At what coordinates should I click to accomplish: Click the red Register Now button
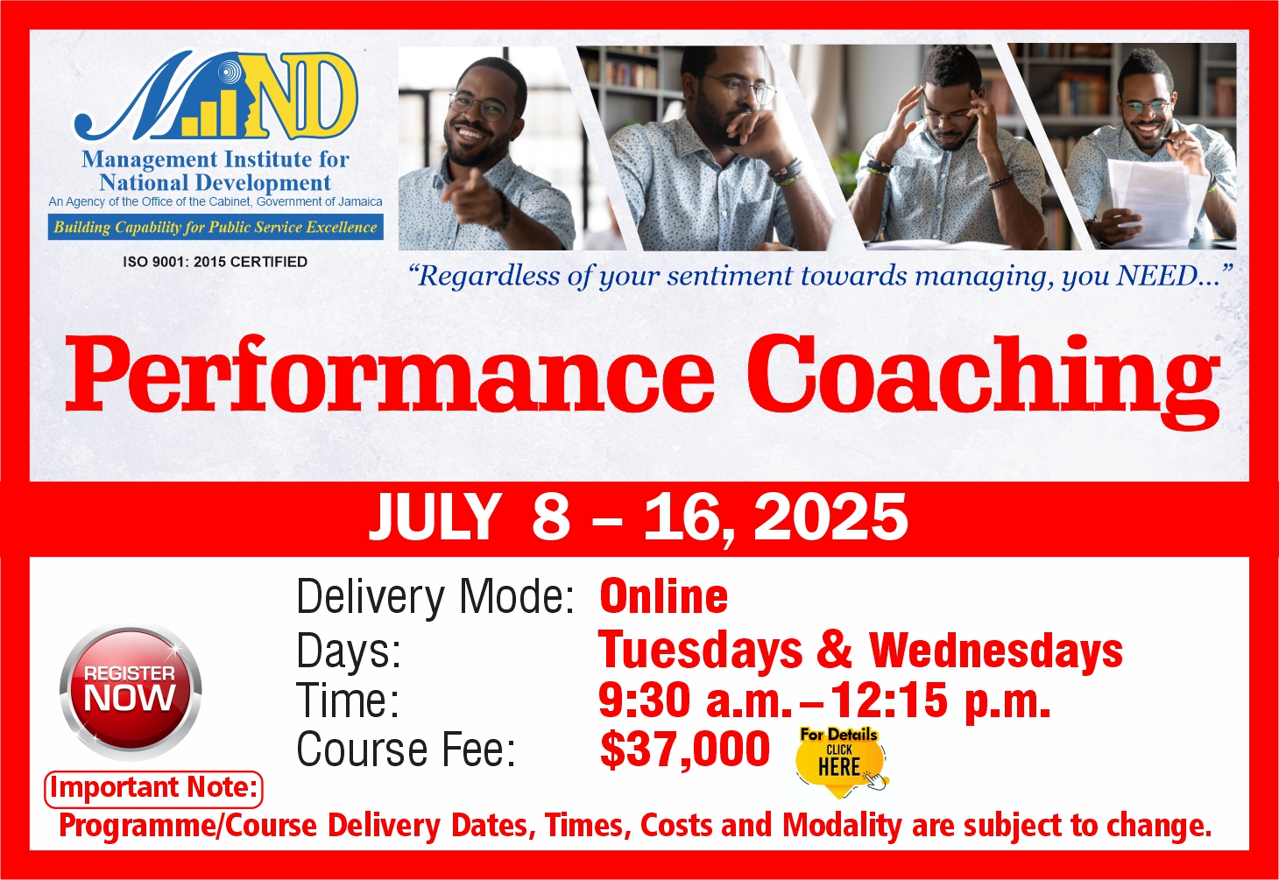(131, 692)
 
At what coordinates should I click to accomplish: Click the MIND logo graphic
(216, 95)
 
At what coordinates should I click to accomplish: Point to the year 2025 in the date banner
(830, 517)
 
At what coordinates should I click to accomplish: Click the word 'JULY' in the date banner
(435, 517)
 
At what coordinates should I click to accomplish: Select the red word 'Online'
(663, 596)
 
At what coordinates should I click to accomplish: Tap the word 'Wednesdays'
(996, 650)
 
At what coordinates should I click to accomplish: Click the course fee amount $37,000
(684, 749)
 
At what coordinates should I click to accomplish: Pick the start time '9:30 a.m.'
(695, 700)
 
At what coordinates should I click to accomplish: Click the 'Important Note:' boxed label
(153, 789)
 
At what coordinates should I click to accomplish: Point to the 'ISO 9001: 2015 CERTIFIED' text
(216, 262)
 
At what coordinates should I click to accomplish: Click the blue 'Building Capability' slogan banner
(216, 227)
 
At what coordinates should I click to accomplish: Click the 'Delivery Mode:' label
(435, 597)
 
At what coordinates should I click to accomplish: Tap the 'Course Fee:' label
(406, 749)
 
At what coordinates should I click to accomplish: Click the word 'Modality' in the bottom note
(843, 827)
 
